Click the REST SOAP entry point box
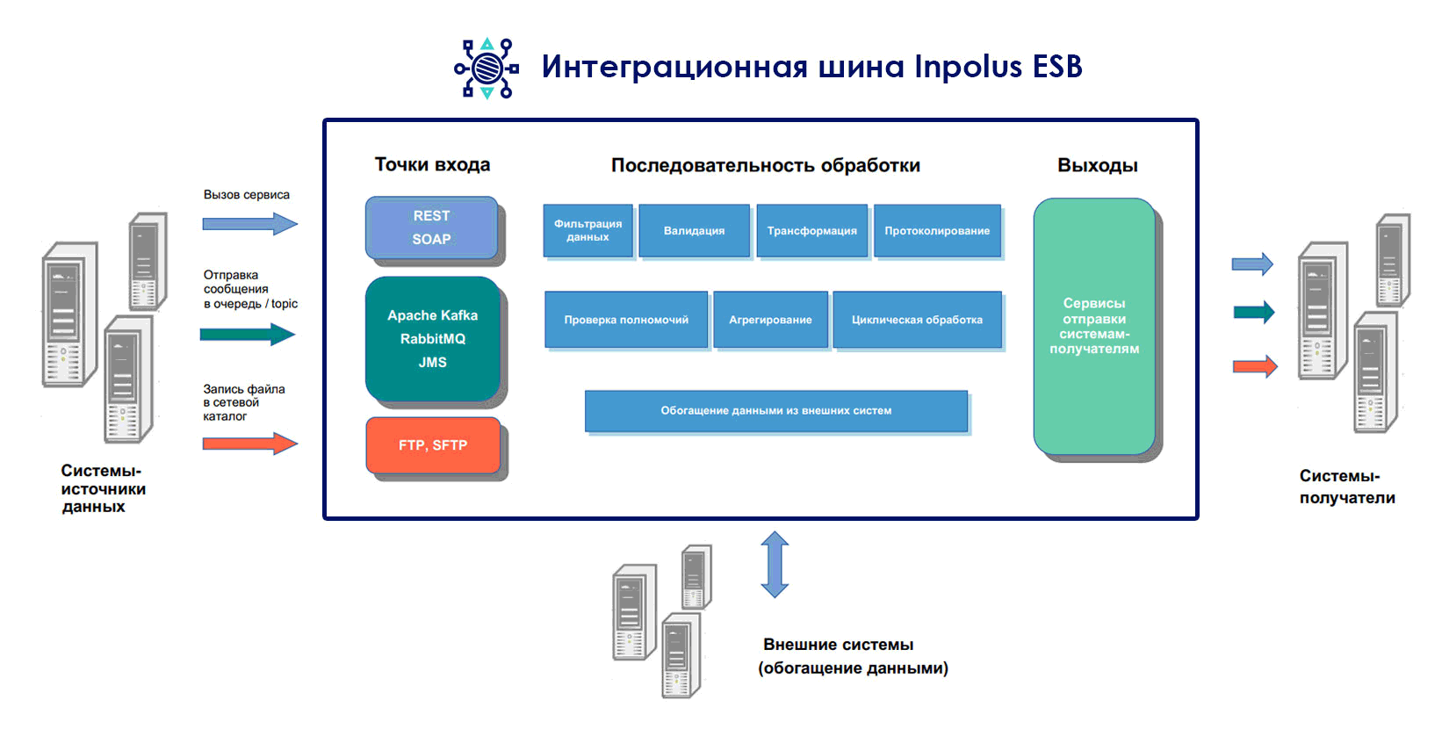click(x=431, y=227)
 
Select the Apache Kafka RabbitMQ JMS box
click(x=432, y=339)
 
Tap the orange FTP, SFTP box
click(x=433, y=445)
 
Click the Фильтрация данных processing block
click(x=588, y=231)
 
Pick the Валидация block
click(x=694, y=231)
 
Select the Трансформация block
click(x=811, y=231)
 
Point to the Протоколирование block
click(x=937, y=231)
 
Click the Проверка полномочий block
click(x=626, y=320)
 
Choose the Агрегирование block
click(x=770, y=320)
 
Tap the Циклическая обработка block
click(x=917, y=320)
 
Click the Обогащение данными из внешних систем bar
click(x=776, y=411)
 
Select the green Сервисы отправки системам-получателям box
click(x=1094, y=326)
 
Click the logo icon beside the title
click(x=487, y=68)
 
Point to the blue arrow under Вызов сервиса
click(x=250, y=224)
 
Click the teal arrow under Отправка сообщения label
click(x=248, y=335)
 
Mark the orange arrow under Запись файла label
click(x=250, y=444)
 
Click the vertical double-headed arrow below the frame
click(x=775, y=565)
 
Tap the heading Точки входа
click(x=432, y=164)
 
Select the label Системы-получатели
click(x=1346, y=487)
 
